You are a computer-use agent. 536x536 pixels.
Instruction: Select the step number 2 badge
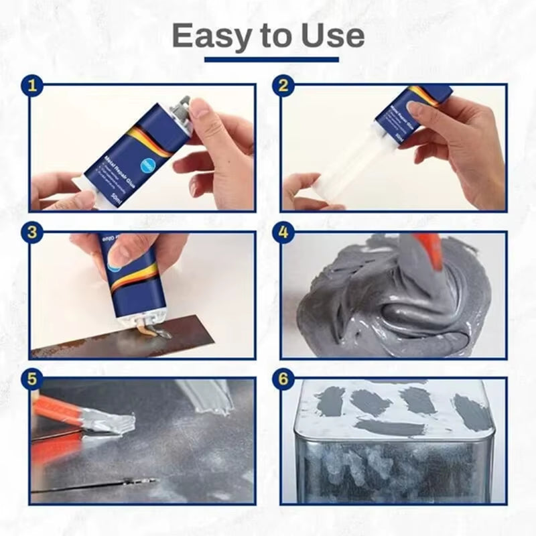coord(283,86)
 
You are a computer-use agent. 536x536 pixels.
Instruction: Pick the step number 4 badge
coord(283,233)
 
